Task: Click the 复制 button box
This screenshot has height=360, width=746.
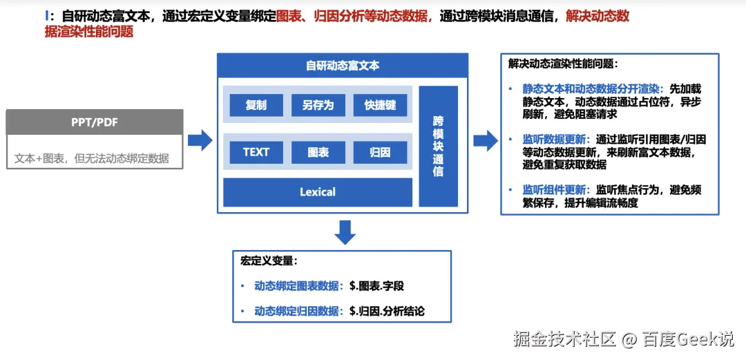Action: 256,105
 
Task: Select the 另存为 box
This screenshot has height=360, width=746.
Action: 318,105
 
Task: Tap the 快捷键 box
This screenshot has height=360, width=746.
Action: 380,105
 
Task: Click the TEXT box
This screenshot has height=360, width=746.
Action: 256,152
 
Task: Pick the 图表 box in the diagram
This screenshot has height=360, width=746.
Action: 318,152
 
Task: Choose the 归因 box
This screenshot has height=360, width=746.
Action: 380,152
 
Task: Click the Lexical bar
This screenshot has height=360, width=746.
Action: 318,192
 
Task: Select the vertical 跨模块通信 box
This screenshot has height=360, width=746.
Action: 438,146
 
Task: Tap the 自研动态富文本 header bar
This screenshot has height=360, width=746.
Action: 343,66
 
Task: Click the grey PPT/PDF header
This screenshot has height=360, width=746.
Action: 95,122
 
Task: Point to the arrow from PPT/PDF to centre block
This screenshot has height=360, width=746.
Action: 200,140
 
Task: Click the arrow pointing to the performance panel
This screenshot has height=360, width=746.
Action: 485,140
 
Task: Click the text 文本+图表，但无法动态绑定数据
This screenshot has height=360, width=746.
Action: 92,158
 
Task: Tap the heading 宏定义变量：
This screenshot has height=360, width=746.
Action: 269,261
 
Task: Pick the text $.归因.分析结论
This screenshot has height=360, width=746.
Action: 387,311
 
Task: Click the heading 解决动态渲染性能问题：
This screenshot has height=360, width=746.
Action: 563,64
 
